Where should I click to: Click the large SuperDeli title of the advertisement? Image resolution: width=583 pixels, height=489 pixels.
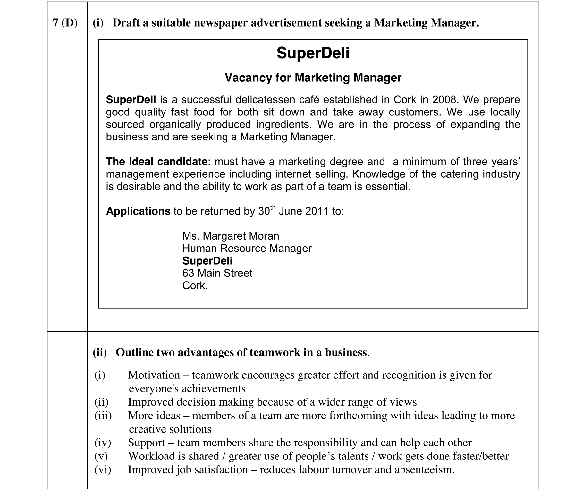313,53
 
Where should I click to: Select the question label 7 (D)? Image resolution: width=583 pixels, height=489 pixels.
65,23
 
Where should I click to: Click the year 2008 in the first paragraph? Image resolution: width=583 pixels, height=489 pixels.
444,100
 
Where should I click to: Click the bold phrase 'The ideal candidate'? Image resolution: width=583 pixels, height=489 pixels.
156,162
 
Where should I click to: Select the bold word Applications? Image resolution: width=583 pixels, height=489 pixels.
138,211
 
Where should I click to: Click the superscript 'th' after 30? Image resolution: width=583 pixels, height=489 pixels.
273,207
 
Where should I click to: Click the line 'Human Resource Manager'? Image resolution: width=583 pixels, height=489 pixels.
247,249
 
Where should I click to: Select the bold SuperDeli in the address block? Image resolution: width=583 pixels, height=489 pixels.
207,261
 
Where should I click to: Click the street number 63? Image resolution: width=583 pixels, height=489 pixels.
188,273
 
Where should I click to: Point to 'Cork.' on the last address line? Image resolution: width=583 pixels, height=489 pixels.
195,286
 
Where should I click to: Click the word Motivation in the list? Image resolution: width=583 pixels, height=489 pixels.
154,375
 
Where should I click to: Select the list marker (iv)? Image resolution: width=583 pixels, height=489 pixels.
103,443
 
